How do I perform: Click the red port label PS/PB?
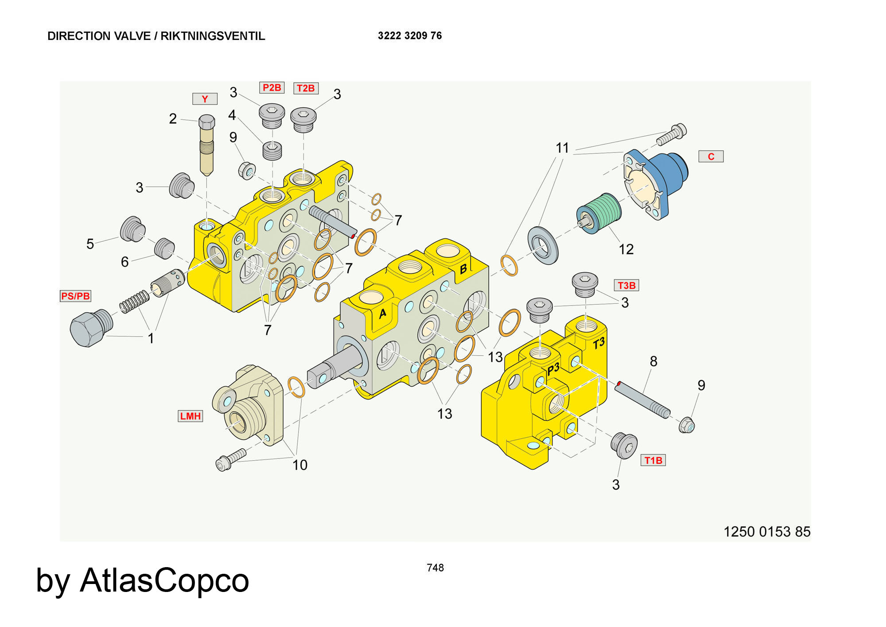click(75, 296)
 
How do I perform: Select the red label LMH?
click(190, 416)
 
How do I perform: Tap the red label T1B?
click(653, 460)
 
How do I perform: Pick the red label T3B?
click(626, 285)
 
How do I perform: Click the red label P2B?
click(272, 87)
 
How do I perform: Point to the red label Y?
click(205, 99)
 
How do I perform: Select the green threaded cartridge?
click(600, 212)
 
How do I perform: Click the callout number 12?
click(626, 249)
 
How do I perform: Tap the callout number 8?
click(653, 361)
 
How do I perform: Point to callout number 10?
click(300, 465)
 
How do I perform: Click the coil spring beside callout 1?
click(134, 302)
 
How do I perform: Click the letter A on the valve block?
click(382, 313)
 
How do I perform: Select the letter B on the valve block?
click(463, 269)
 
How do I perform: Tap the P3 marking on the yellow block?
click(553, 369)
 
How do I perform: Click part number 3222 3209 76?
click(410, 36)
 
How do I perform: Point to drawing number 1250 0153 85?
click(766, 531)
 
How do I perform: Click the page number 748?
click(435, 568)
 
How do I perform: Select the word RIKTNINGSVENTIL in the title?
click(213, 36)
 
